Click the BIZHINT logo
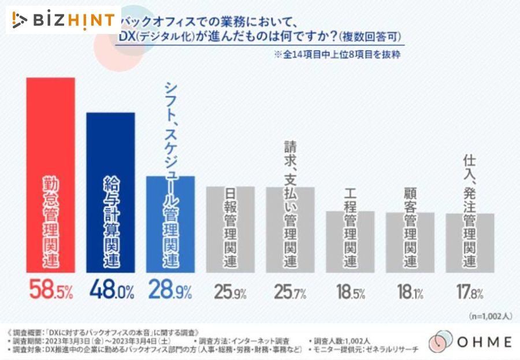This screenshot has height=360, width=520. coord(64,20)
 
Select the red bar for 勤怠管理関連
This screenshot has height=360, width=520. coord(50,173)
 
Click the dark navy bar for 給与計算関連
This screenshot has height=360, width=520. coord(110,191)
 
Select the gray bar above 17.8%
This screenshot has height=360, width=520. coord(470,242)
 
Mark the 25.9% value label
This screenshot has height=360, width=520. coord(231,292)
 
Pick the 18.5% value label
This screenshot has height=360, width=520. coord(350,292)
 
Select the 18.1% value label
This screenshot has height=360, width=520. coord(410,292)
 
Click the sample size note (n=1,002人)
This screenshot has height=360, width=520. coord(490,316)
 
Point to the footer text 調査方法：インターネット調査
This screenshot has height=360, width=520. coord(258,342)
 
